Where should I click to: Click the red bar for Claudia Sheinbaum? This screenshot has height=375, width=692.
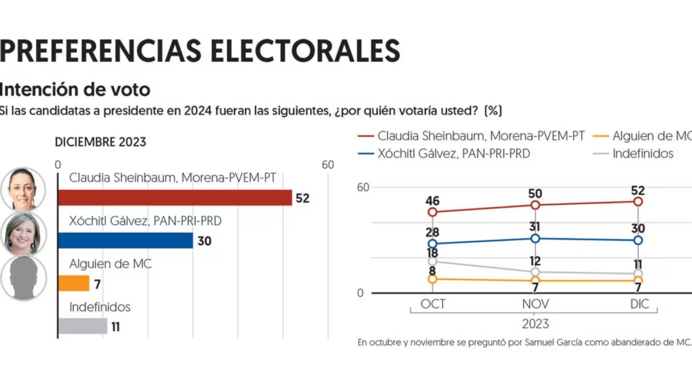[174, 198]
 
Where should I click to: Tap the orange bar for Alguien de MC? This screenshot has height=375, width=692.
[74, 283]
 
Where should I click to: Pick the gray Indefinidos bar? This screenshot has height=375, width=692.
[82, 326]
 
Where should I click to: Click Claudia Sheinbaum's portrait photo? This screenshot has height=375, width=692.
[23, 190]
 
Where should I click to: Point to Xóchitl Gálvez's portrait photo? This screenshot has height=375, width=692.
[23, 234]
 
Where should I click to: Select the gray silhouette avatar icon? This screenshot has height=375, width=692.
[23, 278]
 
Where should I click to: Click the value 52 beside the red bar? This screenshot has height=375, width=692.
[302, 198]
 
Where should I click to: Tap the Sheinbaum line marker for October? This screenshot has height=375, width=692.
[432, 212]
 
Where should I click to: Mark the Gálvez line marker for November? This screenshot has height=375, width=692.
[535, 238]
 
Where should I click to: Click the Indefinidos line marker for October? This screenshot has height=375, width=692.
[432, 261]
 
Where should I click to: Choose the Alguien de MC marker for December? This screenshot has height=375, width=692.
[638, 280]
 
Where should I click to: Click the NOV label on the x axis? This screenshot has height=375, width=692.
[535, 304]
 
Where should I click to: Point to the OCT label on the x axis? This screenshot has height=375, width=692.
[432, 304]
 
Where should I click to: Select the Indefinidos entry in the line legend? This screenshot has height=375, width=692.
[642, 154]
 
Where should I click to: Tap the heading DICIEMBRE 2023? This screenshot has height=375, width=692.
[100, 142]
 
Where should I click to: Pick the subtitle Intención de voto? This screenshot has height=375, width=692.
[75, 89]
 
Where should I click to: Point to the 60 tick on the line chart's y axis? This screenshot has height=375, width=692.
[362, 187]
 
